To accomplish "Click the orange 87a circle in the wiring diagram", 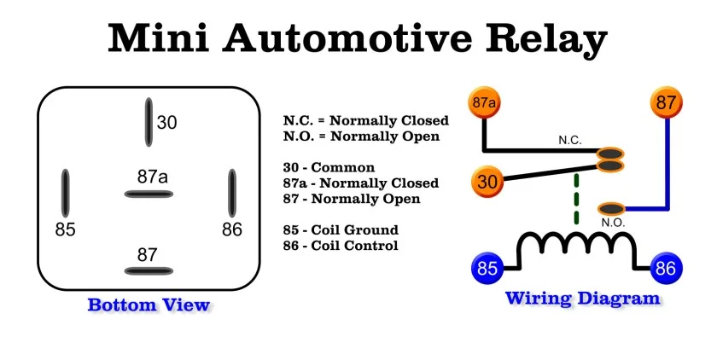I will click(x=484, y=103).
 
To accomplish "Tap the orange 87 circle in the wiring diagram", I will click(x=668, y=103).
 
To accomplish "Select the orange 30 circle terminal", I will click(x=487, y=181).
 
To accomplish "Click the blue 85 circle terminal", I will click(x=487, y=269).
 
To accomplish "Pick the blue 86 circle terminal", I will click(x=667, y=269).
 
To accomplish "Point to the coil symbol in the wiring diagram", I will click(x=577, y=247).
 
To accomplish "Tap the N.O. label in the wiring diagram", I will click(x=613, y=223).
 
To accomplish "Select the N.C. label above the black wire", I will click(x=570, y=139).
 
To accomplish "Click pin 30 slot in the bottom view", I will click(x=149, y=122).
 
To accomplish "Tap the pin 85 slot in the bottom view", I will click(x=65, y=193).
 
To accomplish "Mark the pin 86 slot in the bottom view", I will click(x=231, y=193).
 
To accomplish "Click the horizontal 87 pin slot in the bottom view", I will click(x=149, y=271).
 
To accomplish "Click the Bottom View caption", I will click(x=149, y=305).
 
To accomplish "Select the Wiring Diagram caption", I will click(x=583, y=299).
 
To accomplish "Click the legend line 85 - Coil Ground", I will click(x=341, y=230).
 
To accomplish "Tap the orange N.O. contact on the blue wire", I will click(x=612, y=208).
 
